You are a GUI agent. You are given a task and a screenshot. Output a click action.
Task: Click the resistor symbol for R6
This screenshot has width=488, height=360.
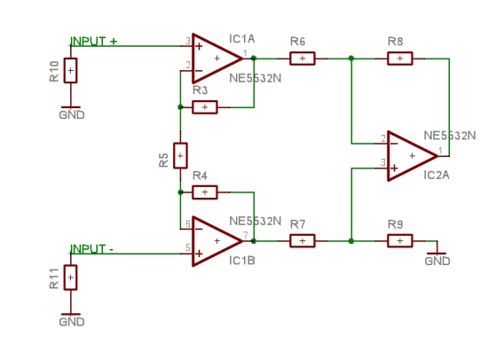click(303, 59)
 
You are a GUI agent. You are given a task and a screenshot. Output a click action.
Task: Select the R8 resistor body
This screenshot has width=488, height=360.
click(400, 59)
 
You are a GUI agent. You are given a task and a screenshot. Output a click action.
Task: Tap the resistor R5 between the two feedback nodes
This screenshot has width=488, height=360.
click(180, 155)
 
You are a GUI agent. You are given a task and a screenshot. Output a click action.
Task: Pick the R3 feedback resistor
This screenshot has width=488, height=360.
click(205, 107)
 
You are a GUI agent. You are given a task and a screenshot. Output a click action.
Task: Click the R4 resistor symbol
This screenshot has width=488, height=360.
click(205, 192)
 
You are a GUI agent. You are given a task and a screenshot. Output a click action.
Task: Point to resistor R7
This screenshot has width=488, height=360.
click(303, 241)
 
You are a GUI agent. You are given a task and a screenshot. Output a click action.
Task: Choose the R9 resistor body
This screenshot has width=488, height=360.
click(400, 241)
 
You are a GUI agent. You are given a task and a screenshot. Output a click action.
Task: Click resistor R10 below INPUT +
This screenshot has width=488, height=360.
click(71, 70)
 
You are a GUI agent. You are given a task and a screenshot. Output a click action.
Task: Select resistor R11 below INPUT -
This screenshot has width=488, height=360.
click(71, 278)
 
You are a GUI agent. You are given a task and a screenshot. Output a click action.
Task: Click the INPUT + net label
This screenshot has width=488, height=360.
click(94, 41)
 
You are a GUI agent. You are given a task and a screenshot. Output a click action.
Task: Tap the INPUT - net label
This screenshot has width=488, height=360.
click(91, 248)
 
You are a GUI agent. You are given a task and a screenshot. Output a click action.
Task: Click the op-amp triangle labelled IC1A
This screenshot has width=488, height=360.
click(217, 59)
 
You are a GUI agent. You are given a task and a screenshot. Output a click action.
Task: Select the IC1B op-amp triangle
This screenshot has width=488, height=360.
click(217, 241)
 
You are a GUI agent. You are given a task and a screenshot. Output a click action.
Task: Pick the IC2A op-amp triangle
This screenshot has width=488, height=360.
click(413, 155)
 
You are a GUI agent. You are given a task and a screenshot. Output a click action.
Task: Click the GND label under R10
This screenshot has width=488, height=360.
click(72, 114)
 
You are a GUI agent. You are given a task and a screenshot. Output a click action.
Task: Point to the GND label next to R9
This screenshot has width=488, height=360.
click(437, 261)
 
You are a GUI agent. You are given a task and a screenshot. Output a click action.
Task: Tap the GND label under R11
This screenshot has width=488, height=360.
click(72, 322)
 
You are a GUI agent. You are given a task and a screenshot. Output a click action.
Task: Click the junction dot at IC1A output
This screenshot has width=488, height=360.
click(254, 58)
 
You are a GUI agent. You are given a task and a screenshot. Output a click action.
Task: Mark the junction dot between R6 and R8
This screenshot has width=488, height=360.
click(351, 59)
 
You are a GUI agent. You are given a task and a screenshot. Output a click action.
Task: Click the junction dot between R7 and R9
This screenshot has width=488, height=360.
click(351, 241)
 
